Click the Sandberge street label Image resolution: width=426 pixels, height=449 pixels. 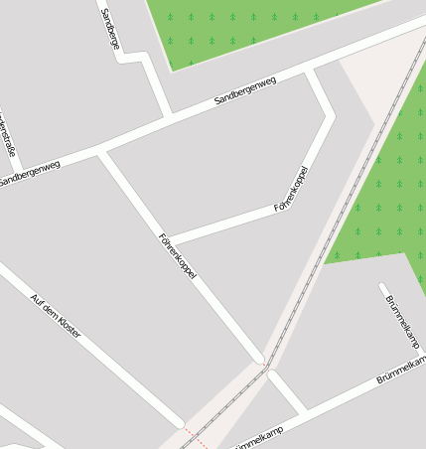[111, 29]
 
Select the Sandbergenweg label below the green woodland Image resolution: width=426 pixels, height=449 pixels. [244, 92]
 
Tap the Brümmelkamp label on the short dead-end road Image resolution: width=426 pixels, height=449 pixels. [402, 322]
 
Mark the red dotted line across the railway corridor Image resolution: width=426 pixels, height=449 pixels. [195, 437]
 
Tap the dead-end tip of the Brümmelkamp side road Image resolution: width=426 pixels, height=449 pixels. [382, 287]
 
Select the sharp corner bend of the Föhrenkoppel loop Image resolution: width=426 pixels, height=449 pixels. [330, 115]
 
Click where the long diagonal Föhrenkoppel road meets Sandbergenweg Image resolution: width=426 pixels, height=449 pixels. [101, 151]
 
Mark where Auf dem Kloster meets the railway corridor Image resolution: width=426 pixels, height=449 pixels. [182, 424]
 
